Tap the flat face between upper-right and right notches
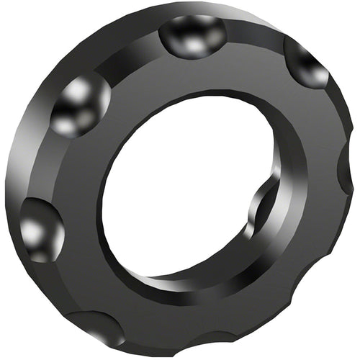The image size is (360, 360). [x=324, y=115]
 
